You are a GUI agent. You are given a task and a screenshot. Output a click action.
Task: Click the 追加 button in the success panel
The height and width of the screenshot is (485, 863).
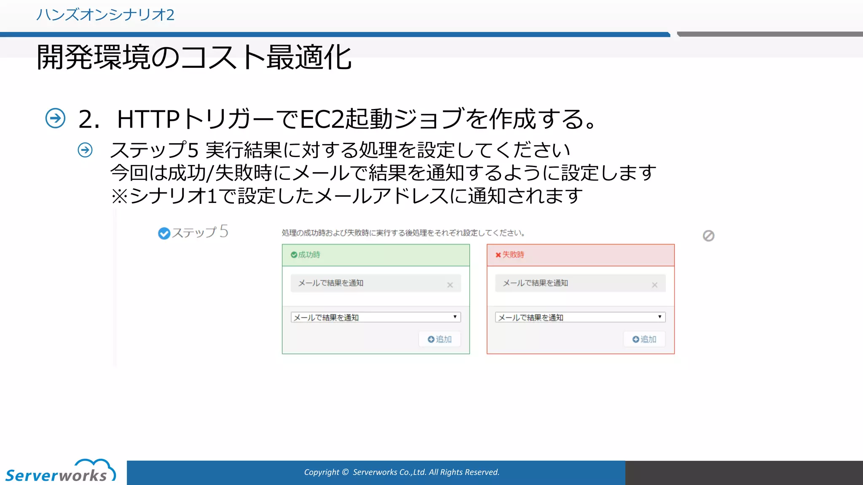pyautogui.click(x=440, y=339)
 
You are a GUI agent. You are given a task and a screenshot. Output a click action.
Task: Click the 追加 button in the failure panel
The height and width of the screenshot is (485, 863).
pyautogui.click(x=644, y=339)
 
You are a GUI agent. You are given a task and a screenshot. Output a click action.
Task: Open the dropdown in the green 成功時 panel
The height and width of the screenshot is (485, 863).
pyautogui.click(x=375, y=317)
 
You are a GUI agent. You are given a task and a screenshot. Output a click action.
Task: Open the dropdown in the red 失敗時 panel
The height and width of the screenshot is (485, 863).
pyautogui.click(x=580, y=317)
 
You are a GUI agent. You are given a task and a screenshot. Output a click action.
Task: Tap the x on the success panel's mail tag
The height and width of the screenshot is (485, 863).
pyautogui.click(x=450, y=285)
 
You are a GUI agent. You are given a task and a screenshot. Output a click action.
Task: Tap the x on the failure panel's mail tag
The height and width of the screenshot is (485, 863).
pyautogui.click(x=654, y=285)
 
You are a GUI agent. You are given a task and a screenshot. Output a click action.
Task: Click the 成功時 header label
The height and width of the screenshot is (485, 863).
pyautogui.click(x=309, y=255)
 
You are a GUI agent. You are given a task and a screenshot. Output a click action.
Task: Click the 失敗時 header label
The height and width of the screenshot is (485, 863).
pyautogui.click(x=513, y=255)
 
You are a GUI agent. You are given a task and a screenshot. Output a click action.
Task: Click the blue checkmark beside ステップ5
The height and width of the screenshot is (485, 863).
pyautogui.click(x=164, y=233)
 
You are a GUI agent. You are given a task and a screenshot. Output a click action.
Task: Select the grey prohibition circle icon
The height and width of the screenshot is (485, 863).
pyautogui.click(x=708, y=236)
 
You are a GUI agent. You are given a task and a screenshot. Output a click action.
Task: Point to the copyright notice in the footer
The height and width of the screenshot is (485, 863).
pyautogui.click(x=402, y=472)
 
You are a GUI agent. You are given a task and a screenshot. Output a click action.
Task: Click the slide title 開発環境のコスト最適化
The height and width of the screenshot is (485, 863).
pyautogui.click(x=194, y=58)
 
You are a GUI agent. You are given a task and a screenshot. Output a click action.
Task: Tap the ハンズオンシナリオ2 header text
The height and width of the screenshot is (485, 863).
pyautogui.click(x=105, y=15)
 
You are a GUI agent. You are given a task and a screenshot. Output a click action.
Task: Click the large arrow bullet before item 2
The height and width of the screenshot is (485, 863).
pyautogui.click(x=55, y=118)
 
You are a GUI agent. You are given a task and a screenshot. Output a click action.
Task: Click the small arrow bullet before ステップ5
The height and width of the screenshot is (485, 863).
pyautogui.click(x=85, y=150)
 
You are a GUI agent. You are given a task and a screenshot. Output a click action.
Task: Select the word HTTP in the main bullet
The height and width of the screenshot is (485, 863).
pyautogui.click(x=148, y=119)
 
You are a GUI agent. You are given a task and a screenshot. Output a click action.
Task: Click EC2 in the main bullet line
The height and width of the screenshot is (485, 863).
pyautogui.click(x=322, y=119)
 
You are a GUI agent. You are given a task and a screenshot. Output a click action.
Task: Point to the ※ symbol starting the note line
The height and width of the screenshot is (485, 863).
pyautogui.click(x=119, y=196)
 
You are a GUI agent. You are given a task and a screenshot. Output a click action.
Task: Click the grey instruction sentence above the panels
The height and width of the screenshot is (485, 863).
pyautogui.click(x=403, y=233)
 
